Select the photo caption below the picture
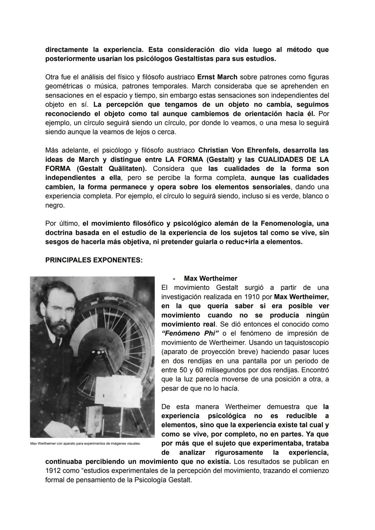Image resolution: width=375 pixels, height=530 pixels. point(85,443)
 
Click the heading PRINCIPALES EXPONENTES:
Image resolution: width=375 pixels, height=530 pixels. point(94,260)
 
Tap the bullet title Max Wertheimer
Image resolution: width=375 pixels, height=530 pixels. point(210,278)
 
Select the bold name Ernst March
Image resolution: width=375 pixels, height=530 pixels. point(217,77)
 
